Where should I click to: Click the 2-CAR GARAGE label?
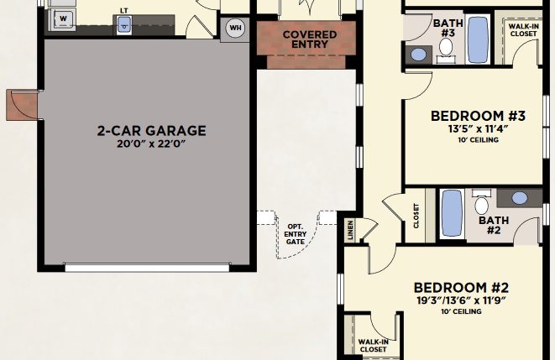(151, 131)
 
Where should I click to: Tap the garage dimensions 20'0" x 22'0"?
(151, 144)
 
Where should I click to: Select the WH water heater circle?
(235, 28)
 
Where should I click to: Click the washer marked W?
(62, 18)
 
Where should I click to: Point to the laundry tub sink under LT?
(124, 25)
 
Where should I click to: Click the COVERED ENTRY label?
(309, 39)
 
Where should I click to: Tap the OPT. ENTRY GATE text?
(296, 234)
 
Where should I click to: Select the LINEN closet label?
(350, 230)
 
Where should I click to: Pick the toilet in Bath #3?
(446, 50)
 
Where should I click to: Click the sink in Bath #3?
(418, 55)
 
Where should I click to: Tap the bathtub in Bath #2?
(452, 213)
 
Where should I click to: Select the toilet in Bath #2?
(481, 202)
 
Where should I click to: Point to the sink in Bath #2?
(520, 198)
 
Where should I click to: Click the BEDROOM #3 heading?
(478, 116)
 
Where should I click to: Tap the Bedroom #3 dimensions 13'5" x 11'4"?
(478, 128)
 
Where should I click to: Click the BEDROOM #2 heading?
(461, 288)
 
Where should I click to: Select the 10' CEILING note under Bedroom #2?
(461, 311)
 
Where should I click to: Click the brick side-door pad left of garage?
(22, 105)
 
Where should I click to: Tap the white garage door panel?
(147, 268)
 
